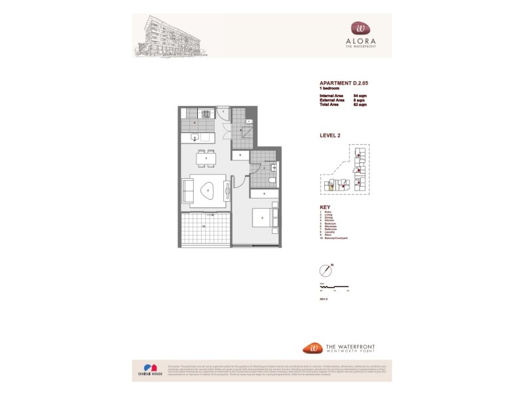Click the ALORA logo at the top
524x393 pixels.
pos(361,33)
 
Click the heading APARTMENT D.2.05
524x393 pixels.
pos(344,83)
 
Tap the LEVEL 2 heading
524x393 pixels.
pos(329,136)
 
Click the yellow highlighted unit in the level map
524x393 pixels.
pos(331,187)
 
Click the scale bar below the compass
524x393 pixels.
pos(334,287)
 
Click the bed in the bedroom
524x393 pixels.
pos(263,217)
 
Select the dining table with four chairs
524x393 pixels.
pos(207,158)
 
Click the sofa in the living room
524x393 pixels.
pos(187,191)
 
